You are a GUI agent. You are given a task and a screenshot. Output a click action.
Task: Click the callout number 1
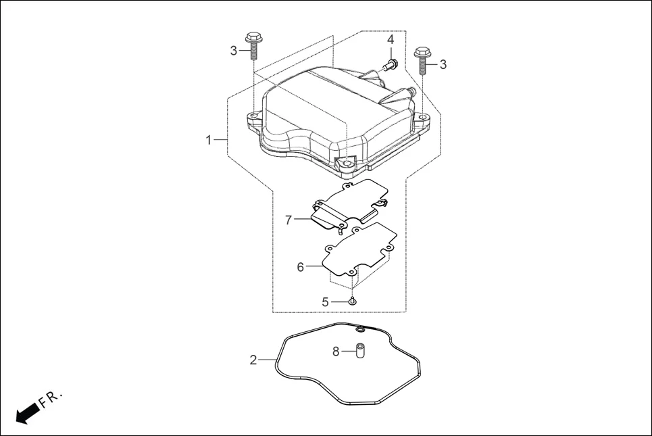coord(209,140)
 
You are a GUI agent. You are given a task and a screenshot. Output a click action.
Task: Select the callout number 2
coord(253,360)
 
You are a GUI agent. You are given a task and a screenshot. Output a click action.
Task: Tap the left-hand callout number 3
coord(234,51)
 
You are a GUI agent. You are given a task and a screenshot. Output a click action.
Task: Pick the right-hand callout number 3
coord(443,64)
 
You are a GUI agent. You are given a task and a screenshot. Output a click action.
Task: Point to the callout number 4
coord(391,40)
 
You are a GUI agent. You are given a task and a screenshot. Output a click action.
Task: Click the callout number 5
coord(325,302)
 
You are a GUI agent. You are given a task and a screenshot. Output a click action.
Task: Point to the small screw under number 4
coord(390,65)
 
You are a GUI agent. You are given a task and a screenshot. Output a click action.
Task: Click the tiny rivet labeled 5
coord(353,301)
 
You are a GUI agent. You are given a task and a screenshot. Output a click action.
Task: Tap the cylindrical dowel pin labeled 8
coord(361,352)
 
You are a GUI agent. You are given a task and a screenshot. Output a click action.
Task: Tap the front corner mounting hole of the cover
coord(346,163)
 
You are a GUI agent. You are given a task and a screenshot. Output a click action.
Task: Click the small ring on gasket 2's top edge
coord(361,329)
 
